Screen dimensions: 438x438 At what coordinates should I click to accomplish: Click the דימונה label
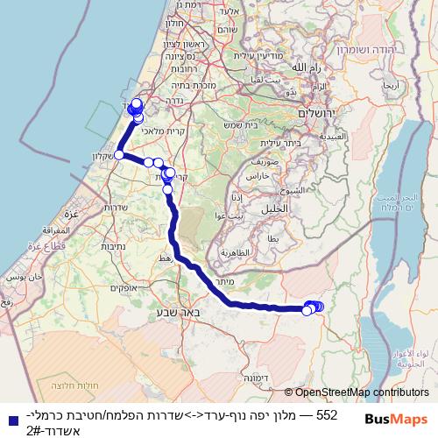278,378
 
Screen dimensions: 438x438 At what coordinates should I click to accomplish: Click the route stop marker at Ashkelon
118,155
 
